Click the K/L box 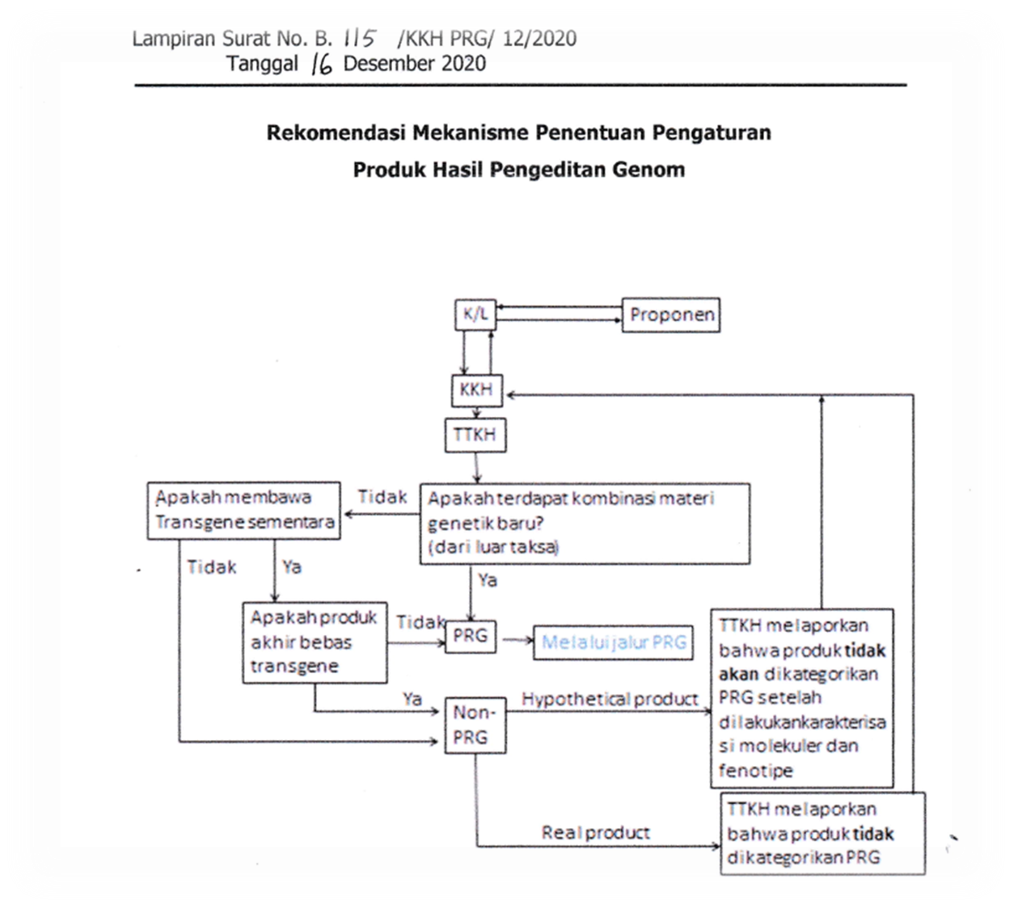pyautogui.click(x=475, y=314)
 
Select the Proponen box pyautogui.click(x=671, y=314)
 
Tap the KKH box pyautogui.click(x=475, y=389)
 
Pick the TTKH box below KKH pyautogui.click(x=475, y=435)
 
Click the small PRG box pyautogui.click(x=470, y=636)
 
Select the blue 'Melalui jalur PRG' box pyautogui.click(x=613, y=642)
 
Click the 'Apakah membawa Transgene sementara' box pyautogui.click(x=243, y=510)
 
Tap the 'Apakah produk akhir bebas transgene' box pyautogui.click(x=315, y=642)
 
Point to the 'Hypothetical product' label pyautogui.click(x=609, y=698)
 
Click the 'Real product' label pyautogui.click(x=595, y=832)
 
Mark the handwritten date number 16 pyautogui.click(x=322, y=64)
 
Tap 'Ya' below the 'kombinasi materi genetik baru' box pyautogui.click(x=487, y=580)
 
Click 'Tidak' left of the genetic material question pyautogui.click(x=382, y=497)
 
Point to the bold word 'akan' pyautogui.click(x=738, y=674)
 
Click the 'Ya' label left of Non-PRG pyautogui.click(x=412, y=698)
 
